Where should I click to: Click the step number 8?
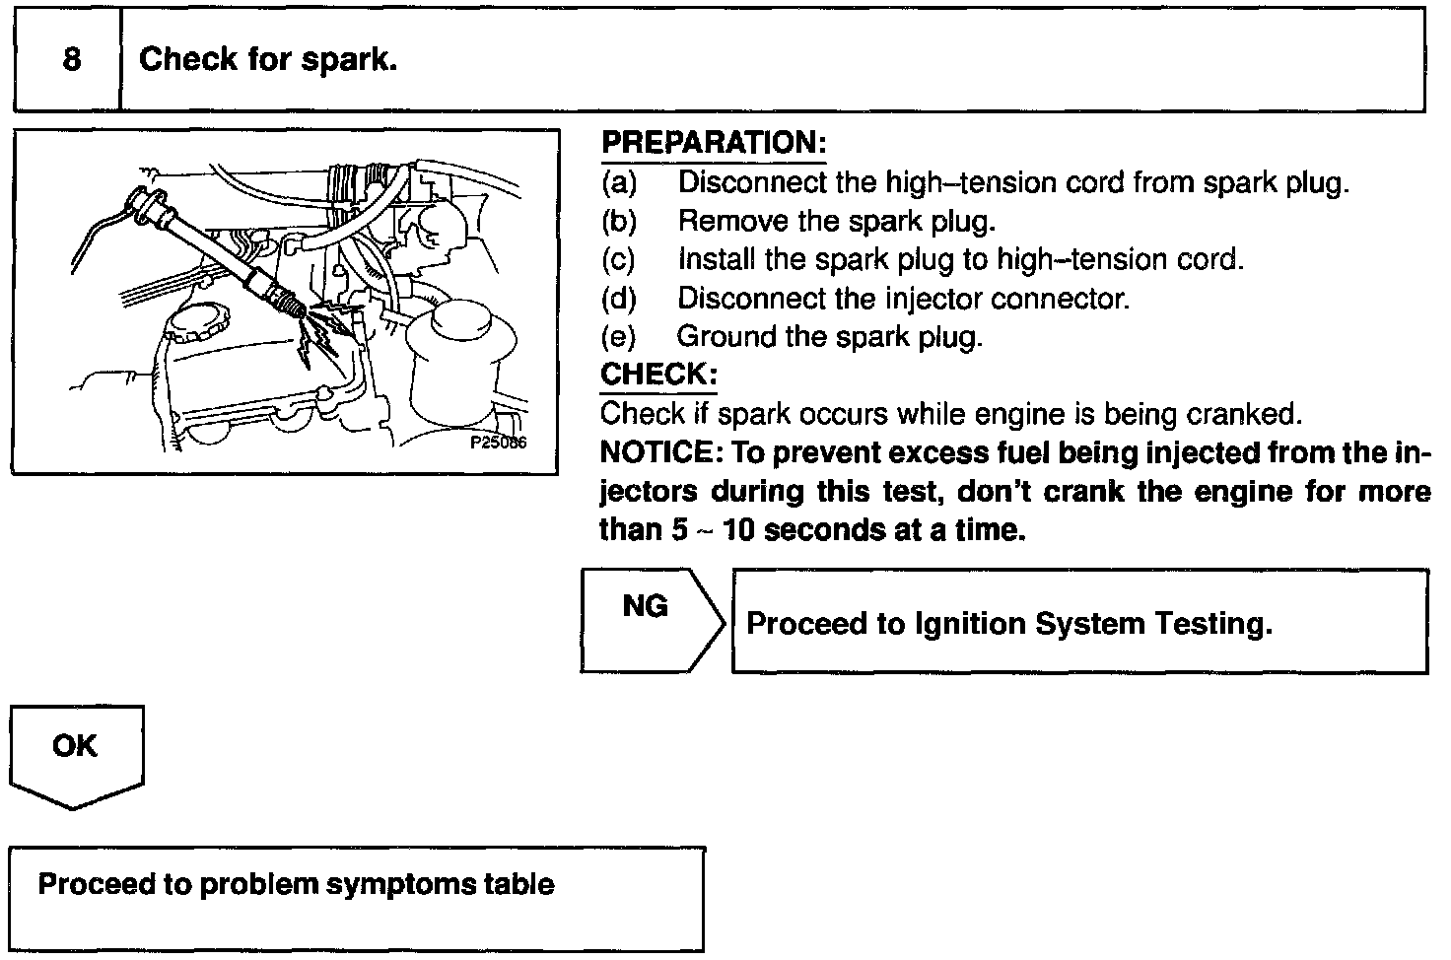(72, 59)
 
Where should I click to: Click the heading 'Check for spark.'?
(268, 59)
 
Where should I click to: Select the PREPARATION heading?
(713, 142)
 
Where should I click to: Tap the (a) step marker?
(619, 182)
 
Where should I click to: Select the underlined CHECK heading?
(657, 375)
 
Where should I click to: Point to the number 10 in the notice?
(737, 530)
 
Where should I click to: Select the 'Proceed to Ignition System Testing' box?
(1078, 622)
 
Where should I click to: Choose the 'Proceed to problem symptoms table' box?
(357, 898)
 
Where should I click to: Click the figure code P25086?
(498, 443)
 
